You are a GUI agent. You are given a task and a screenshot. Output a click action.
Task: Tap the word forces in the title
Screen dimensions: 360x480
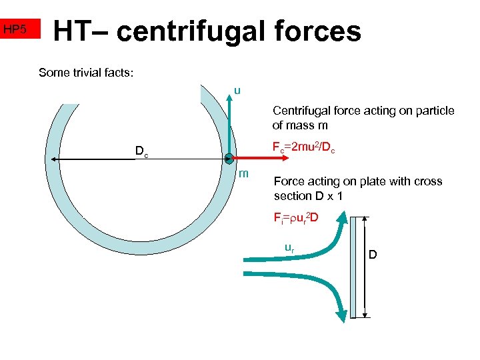click(321, 31)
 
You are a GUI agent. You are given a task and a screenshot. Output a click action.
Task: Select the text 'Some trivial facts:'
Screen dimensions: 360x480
click(86, 72)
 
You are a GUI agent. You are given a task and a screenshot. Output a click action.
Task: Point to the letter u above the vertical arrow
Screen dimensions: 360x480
click(237, 91)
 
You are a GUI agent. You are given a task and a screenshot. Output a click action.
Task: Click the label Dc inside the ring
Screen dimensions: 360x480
click(141, 151)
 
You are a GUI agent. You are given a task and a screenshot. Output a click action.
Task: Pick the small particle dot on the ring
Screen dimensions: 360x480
click(229, 159)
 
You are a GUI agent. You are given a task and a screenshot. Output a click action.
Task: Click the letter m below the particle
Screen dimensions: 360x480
click(244, 174)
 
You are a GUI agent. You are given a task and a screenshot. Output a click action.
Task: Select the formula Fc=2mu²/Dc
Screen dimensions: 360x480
click(303, 149)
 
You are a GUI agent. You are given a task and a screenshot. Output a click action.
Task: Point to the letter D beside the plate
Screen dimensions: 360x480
click(373, 254)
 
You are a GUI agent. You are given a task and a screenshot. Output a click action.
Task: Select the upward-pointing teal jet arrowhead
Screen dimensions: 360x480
click(341, 217)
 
